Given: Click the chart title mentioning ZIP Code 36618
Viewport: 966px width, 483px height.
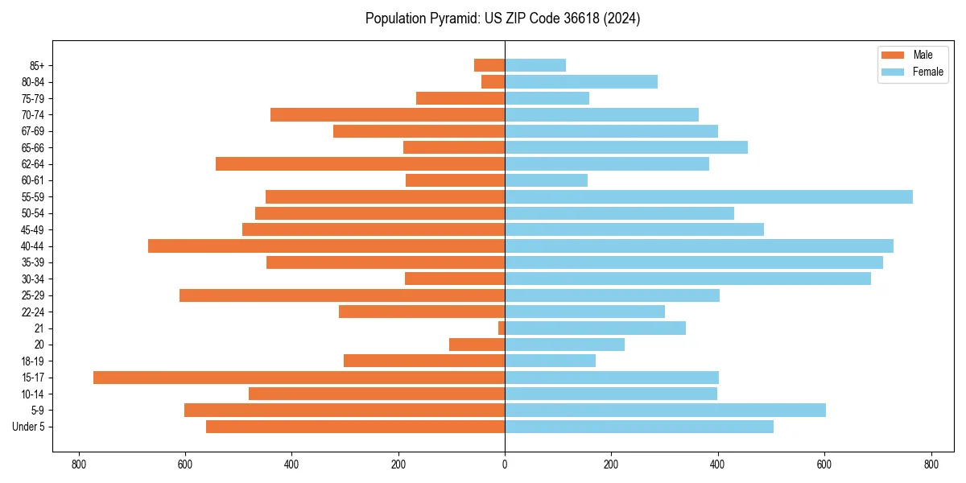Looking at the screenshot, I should (x=502, y=19).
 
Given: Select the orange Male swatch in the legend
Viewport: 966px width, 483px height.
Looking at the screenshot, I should (x=893, y=55).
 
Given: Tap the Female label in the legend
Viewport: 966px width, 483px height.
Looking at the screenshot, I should (x=927, y=72).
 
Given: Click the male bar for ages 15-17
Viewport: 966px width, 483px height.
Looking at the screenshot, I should (x=299, y=378).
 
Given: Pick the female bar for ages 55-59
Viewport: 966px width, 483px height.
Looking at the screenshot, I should (x=708, y=197).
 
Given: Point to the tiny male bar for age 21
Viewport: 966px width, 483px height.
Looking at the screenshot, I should (x=502, y=328).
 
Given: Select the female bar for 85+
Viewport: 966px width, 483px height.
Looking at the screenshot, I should (x=535, y=65).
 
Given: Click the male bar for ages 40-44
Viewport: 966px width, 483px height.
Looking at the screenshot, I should (x=326, y=246).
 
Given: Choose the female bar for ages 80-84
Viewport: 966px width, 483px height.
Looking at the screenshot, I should (x=581, y=82).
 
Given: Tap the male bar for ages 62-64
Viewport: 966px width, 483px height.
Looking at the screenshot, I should (x=360, y=164).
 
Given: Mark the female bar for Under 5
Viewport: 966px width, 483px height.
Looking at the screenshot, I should (x=639, y=427).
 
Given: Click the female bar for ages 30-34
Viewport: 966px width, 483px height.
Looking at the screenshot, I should (x=687, y=279).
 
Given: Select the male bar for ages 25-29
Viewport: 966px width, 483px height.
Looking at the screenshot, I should (x=342, y=295).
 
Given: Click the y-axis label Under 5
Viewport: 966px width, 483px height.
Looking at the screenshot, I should (x=29, y=427).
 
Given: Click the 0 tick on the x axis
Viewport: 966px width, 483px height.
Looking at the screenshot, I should (x=505, y=464).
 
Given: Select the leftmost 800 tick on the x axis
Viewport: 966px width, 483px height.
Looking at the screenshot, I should (x=79, y=464).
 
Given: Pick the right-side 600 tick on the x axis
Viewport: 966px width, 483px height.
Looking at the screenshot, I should (x=824, y=464).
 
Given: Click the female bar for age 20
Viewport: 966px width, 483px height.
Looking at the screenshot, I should (x=564, y=345).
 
